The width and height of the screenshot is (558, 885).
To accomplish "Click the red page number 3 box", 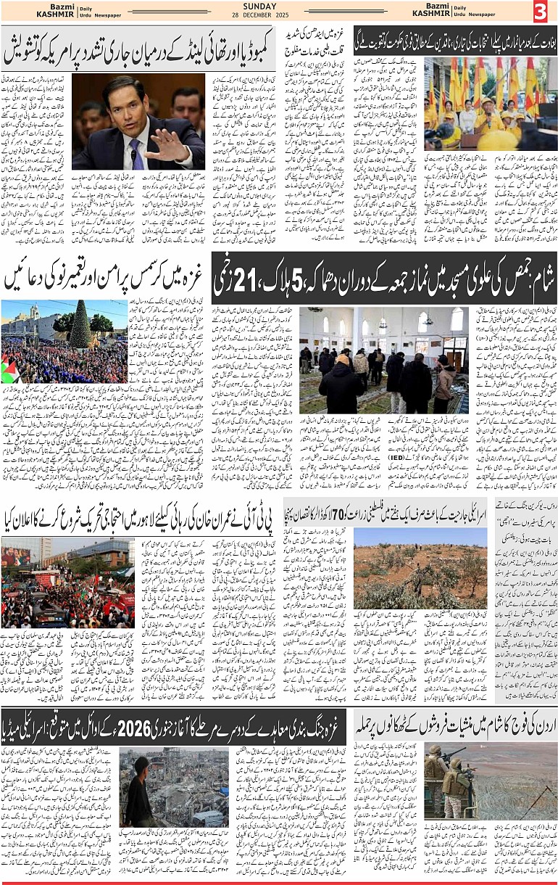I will tap(541, 12).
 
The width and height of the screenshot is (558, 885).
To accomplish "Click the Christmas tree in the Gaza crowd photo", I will tap(80, 326).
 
